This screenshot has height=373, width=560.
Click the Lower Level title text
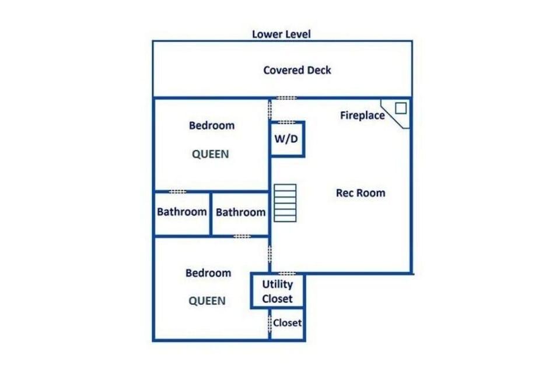coord(281,34)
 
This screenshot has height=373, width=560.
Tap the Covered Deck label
coord(297,70)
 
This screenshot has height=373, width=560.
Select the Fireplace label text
coord(362,115)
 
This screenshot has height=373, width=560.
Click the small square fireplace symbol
coord(401,108)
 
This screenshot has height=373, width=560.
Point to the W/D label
coord(286,140)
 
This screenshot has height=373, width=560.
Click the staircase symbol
coord(285,202)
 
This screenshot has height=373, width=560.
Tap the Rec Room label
coord(360,193)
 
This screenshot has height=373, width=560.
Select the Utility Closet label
coord(277,291)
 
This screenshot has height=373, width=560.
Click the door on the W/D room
coord(286,122)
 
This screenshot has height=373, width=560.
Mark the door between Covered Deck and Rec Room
coord(286,98)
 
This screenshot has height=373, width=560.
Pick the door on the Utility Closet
coord(286,273)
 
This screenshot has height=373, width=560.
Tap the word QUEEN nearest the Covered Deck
coord(211,154)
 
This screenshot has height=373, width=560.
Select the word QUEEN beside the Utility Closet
coord(207,301)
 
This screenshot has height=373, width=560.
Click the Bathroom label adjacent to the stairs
coord(240,212)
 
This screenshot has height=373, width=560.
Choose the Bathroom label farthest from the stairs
coord(181,212)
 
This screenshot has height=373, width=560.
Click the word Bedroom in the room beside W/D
coord(212,125)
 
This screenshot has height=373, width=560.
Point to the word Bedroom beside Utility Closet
coord(208,273)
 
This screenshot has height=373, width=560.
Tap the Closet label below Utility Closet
coord(287,322)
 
